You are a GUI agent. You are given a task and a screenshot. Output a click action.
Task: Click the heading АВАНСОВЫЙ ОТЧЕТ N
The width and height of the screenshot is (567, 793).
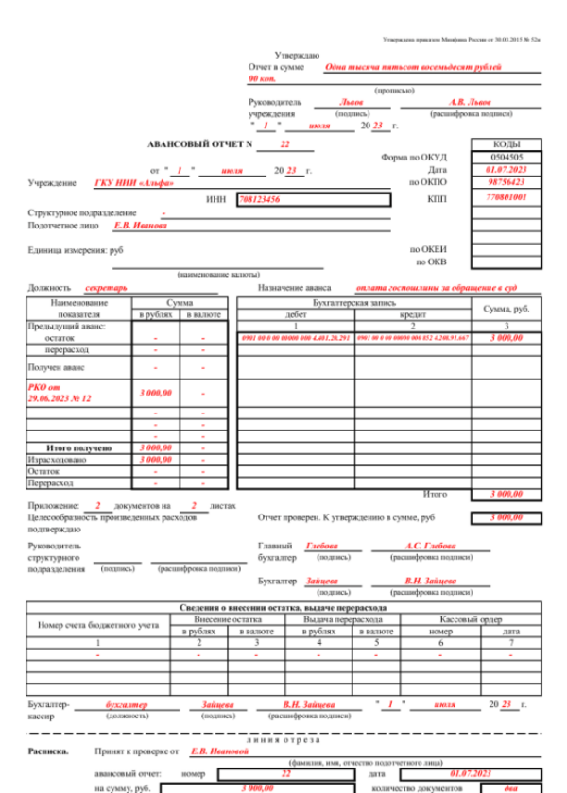(203, 145)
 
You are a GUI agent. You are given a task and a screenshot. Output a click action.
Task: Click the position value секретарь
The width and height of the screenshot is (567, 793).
(105, 287)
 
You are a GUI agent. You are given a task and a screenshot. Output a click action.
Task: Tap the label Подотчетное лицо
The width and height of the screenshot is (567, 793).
(60, 226)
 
